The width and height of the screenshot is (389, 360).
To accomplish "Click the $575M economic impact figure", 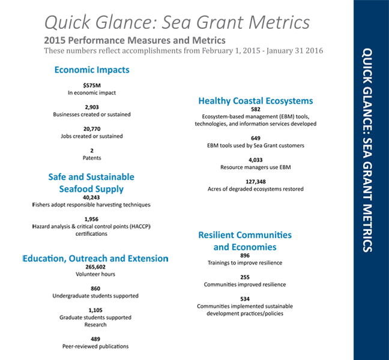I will (x=92, y=85).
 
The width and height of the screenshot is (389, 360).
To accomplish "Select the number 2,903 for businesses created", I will (x=92, y=106).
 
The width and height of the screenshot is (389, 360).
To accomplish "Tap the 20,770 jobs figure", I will (x=92, y=128).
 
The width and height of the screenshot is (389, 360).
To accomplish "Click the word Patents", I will (x=92, y=158).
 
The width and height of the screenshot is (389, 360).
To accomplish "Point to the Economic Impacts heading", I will (x=92, y=70).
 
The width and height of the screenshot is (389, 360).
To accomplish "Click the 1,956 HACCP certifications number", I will (x=92, y=219).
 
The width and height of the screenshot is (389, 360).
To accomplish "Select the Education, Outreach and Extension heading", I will (x=95, y=259).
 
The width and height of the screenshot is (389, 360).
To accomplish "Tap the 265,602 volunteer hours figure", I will (x=92, y=266).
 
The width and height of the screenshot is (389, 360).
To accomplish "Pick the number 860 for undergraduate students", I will (x=92, y=288).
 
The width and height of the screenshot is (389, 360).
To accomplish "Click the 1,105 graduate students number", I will (x=92, y=310).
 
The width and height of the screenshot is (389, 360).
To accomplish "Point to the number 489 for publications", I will (x=92, y=339).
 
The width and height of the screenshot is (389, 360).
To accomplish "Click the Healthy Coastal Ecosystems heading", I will (x=256, y=101).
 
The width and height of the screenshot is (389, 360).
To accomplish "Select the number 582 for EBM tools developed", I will (x=256, y=109).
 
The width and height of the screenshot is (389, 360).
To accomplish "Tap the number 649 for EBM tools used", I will (x=256, y=138).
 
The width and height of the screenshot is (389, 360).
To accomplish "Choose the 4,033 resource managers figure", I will (x=256, y=160).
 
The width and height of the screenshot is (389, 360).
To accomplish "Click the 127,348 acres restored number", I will (x=256, y=181).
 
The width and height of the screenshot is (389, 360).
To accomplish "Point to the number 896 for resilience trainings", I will (x=245, y=255).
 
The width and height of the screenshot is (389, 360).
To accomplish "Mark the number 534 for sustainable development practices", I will (x=245, y=298).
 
